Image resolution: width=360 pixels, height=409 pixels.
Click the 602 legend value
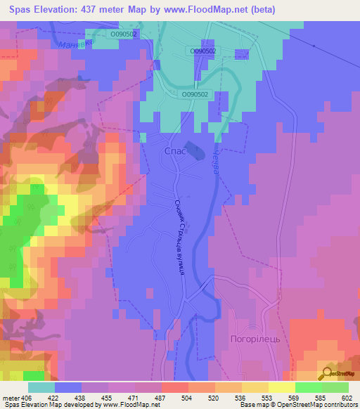[347, 397]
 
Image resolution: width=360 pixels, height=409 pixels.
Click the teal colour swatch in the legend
[41, 387]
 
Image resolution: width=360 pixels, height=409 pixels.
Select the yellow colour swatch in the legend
[281, 387]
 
